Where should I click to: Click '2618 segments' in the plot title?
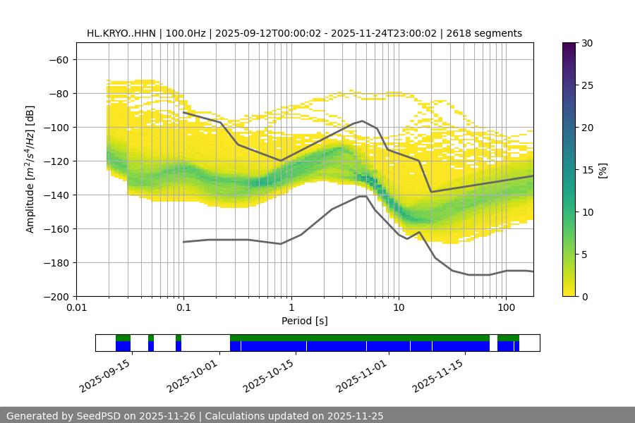pyautogui.click(x=485, y=33)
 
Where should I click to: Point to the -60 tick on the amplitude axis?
pyautogui.click(x=59, y=59)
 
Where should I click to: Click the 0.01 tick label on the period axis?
pyautogui.click(x=76, y=308)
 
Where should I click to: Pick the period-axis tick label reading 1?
pyautogui.click(x=291, y=308)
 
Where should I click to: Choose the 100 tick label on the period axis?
pyautogui.click(x=505, y=308)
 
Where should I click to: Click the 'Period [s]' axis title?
pyautogui.click(x=304, y=321)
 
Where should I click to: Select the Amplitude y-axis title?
pyautogui.click(x=30, y=169)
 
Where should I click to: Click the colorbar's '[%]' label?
pyautogui.click(x=603, y=170)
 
